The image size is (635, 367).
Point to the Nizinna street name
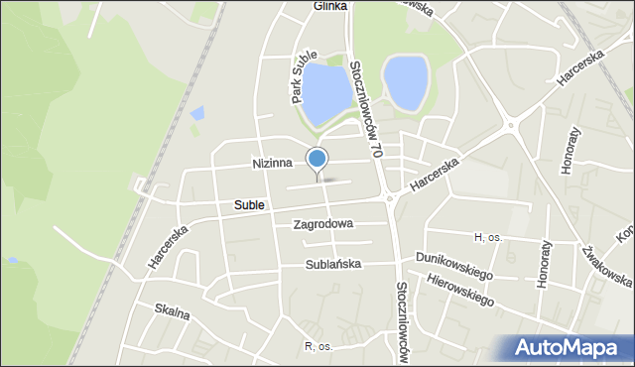click(272, 163)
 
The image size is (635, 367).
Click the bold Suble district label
click(249, 205)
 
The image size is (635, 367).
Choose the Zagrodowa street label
click(323, 224)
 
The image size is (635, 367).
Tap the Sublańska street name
click(333, 265)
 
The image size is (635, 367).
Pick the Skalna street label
click(172, 310)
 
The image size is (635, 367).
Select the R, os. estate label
click(322, 346)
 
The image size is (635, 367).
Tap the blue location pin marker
click(317, 159)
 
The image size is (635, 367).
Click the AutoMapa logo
click(570, 348)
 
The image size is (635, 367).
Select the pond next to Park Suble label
click(326, 91)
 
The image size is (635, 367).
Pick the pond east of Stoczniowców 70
click(406, 83)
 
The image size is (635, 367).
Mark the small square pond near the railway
click(196, 113)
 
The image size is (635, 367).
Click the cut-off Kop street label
click(625, 233)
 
